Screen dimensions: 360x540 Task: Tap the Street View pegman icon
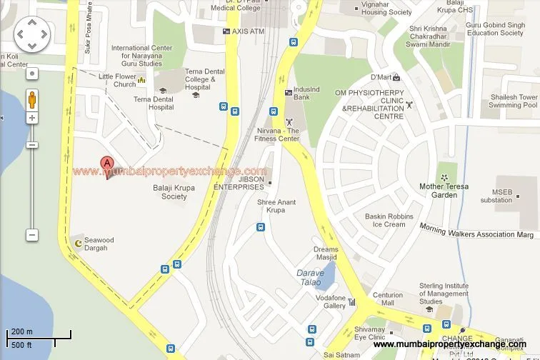[32, 98]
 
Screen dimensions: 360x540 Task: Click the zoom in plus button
[32, 118]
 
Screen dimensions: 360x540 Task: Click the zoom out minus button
[32, 235]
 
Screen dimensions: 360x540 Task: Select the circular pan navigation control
[32, 34]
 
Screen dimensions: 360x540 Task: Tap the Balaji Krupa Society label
[174, 192]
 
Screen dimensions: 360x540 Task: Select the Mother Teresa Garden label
[448, 191]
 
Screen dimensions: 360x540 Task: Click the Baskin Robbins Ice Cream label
[389, 220]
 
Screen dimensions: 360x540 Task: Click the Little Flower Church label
[117, 80]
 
